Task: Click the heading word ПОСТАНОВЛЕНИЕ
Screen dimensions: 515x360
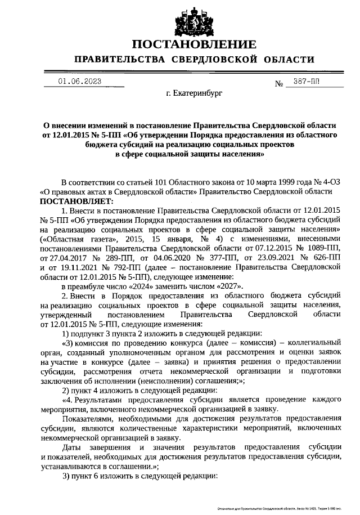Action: click(x=194, y=44)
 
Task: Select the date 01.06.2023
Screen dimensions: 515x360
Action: click(x=79, y=82)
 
